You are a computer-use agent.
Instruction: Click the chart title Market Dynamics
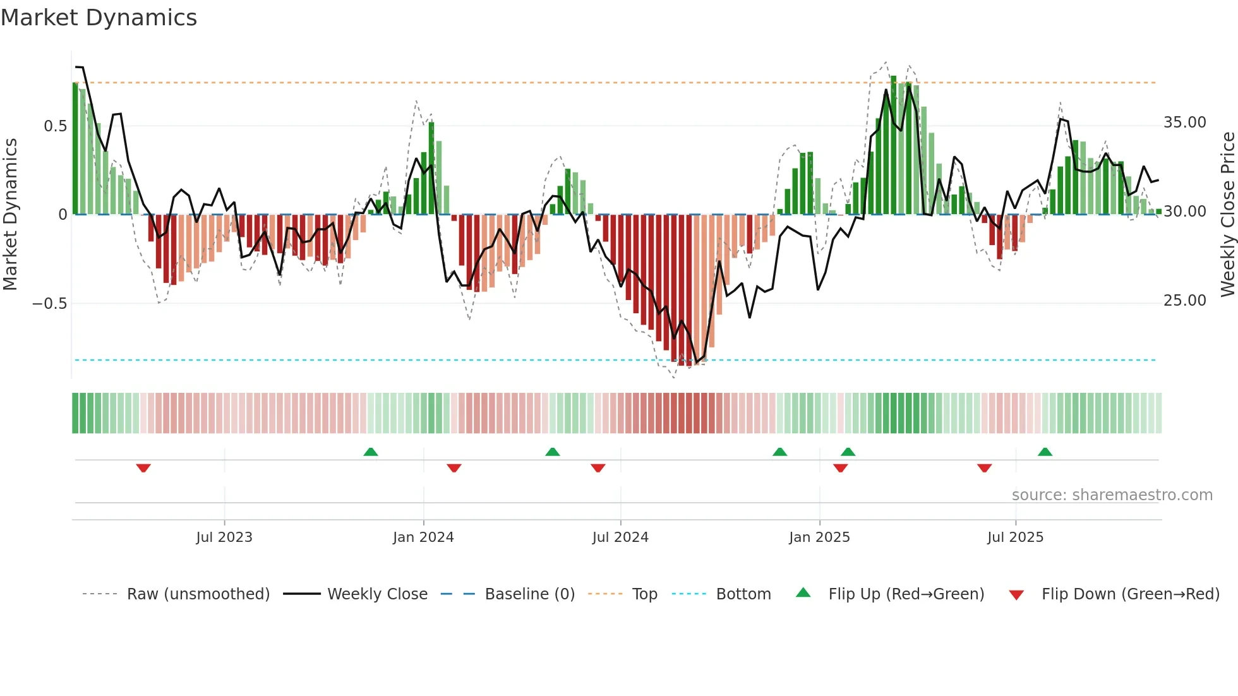(x=99, y=18)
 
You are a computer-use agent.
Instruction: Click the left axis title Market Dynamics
(x=10, y=214)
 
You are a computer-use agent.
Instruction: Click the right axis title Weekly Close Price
(x=1227, y=214)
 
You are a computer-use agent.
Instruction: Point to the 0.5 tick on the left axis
(x=55, y=126)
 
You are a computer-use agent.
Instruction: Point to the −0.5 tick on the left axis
(x=49, y=304)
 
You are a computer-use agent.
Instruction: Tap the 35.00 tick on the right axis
(x=1184, y=123)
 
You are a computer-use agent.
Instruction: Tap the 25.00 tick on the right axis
(x=1184, y=301)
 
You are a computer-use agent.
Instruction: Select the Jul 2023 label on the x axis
(x=224, y=537)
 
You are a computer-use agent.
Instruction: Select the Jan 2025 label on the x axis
(x=819, y=537)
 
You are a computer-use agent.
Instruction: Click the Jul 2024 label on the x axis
(x=620, y=537)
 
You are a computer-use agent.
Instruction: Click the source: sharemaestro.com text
(x=1112, y=495)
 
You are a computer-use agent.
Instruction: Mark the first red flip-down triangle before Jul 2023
(x=143, y=468)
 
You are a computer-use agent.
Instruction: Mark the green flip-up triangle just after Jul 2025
(x=1045, y=452)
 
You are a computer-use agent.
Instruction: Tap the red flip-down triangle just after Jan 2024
(x=454, y=468)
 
